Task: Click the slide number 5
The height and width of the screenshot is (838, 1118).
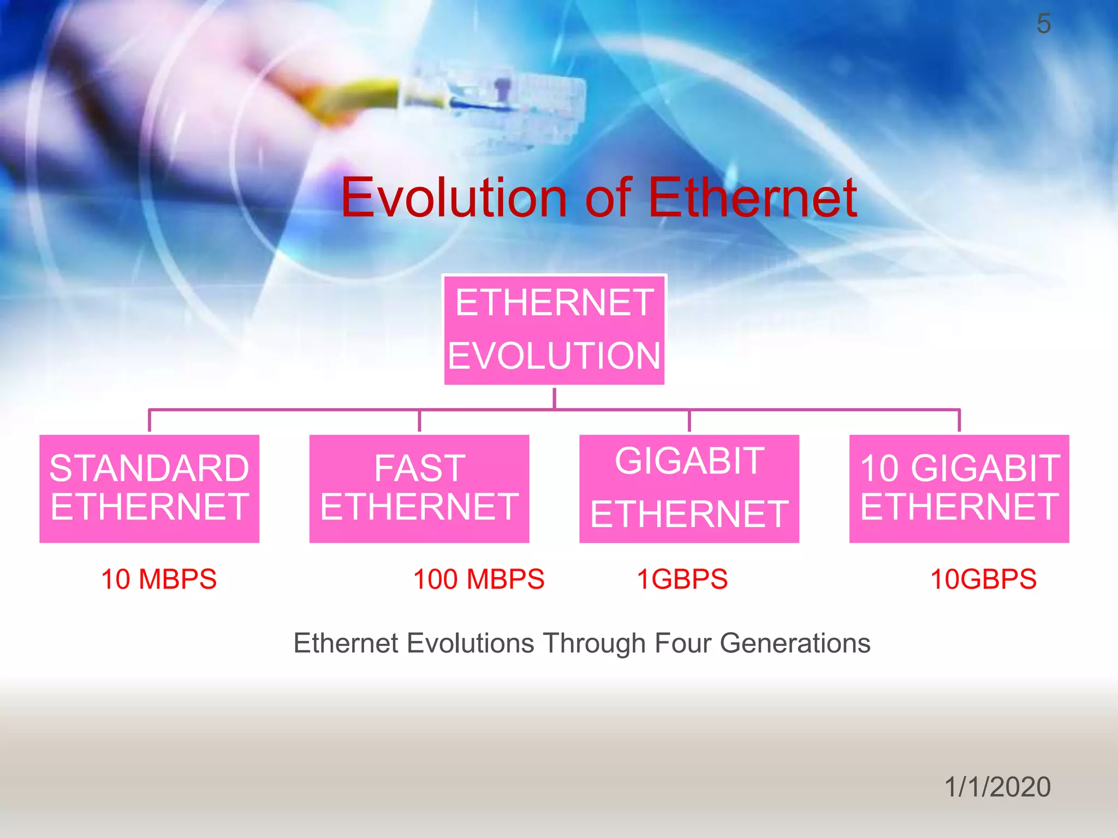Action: (x=1043, y=24)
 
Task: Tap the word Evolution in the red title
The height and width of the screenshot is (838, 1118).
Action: (x=454, y=197)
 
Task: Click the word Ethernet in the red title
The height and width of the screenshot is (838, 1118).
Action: (x=752, y=197)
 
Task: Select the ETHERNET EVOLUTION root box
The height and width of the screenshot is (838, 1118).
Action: (x=554, y=330)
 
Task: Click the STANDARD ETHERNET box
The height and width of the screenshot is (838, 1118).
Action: (x=149, y=488)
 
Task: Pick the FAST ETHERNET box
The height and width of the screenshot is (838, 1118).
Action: (x=419, y=488)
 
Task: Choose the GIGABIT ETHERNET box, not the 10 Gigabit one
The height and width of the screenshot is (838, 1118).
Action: (x=689, y=488)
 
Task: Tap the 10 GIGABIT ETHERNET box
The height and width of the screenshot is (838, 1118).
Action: (x=959, y=488)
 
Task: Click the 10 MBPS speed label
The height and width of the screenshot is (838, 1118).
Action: (x=159, y=579)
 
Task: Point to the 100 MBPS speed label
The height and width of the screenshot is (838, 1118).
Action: (x=479, y=579)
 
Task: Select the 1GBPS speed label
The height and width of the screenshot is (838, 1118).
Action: (x=682, y=579)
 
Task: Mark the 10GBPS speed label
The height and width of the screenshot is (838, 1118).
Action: (x=983, y=579)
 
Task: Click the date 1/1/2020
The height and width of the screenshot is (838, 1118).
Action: (x=997, y=787)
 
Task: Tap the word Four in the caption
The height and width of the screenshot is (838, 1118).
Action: (x=681, y=643)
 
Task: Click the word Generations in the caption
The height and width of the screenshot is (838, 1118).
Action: (x=795, y=643)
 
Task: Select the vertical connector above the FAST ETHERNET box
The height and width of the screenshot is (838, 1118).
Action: (x=419, y=421)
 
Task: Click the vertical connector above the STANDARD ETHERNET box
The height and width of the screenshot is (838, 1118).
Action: (x=150, y=421)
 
